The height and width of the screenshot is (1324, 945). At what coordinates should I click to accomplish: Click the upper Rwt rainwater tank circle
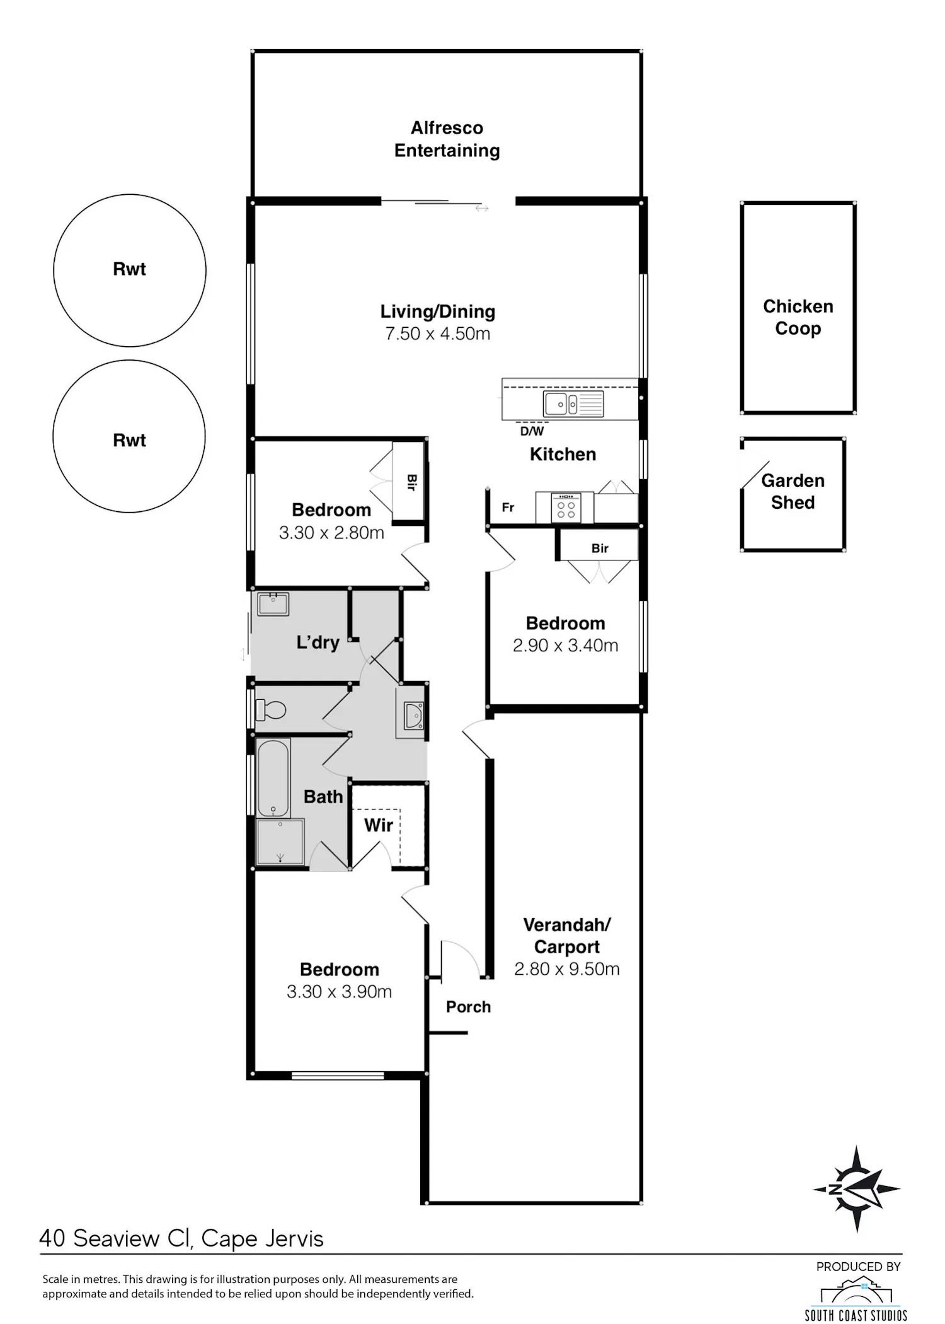130,195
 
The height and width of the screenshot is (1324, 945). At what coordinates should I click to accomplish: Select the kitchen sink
573,404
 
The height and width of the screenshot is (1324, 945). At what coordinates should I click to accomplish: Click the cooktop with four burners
566,508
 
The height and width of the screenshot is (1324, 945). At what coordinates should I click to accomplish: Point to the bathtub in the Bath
273,777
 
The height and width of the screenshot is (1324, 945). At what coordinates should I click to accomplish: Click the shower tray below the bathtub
280,842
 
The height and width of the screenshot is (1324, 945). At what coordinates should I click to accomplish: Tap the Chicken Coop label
798,317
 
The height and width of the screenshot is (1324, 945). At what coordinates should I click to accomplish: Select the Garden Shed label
793,491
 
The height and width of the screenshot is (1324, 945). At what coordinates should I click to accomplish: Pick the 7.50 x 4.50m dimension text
438,334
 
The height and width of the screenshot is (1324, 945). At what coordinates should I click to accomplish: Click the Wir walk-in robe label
379,825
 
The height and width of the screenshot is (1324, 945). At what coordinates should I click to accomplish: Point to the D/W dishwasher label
532,431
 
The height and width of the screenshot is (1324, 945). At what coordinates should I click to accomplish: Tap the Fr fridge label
508,507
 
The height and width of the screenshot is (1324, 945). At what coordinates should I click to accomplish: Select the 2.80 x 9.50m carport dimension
567,968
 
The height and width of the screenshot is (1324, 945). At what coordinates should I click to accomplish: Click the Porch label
468,1007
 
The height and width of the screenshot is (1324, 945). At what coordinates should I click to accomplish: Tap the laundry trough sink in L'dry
273,604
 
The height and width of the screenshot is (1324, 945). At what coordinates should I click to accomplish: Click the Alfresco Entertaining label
447,139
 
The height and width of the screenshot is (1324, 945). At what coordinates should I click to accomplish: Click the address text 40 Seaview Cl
115,1238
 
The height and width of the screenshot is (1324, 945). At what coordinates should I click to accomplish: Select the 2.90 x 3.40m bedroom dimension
566,646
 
